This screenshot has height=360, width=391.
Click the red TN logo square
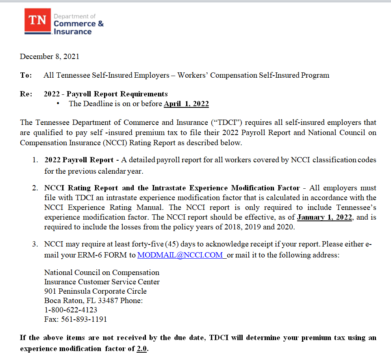point(38,21)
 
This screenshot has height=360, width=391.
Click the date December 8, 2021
point(50,57)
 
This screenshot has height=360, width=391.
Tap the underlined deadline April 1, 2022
point(186,104)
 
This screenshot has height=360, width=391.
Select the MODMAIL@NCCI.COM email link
point(180,255)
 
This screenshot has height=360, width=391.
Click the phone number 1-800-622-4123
point(71,310)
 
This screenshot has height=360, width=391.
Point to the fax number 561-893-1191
point(84,319)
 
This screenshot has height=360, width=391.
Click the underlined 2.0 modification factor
point(142,349)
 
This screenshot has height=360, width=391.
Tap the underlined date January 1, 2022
point(325,217)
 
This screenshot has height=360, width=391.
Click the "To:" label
point(26,75)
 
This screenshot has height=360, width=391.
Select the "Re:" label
point(26,94)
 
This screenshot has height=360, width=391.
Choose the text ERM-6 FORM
point(115,255)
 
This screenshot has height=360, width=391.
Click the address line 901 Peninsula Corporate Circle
point(95,291)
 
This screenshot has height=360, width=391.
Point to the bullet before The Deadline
point(59,104)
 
